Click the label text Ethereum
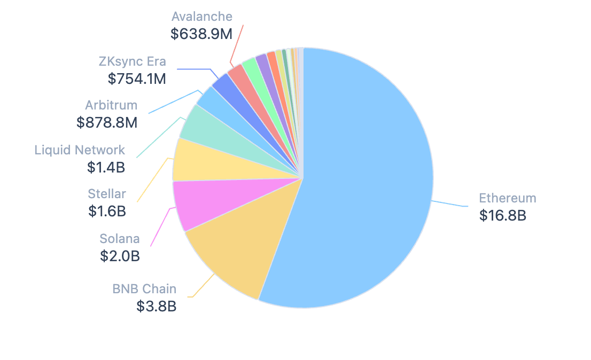507,198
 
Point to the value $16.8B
502,216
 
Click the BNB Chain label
144,289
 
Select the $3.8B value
157,307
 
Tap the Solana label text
120,238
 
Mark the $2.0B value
120,256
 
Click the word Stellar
107,193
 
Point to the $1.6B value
107,211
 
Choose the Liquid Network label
80,150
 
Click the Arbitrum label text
111,105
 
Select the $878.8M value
107,122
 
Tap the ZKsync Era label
133,61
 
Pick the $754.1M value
137,79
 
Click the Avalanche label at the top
203,17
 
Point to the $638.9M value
201,34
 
